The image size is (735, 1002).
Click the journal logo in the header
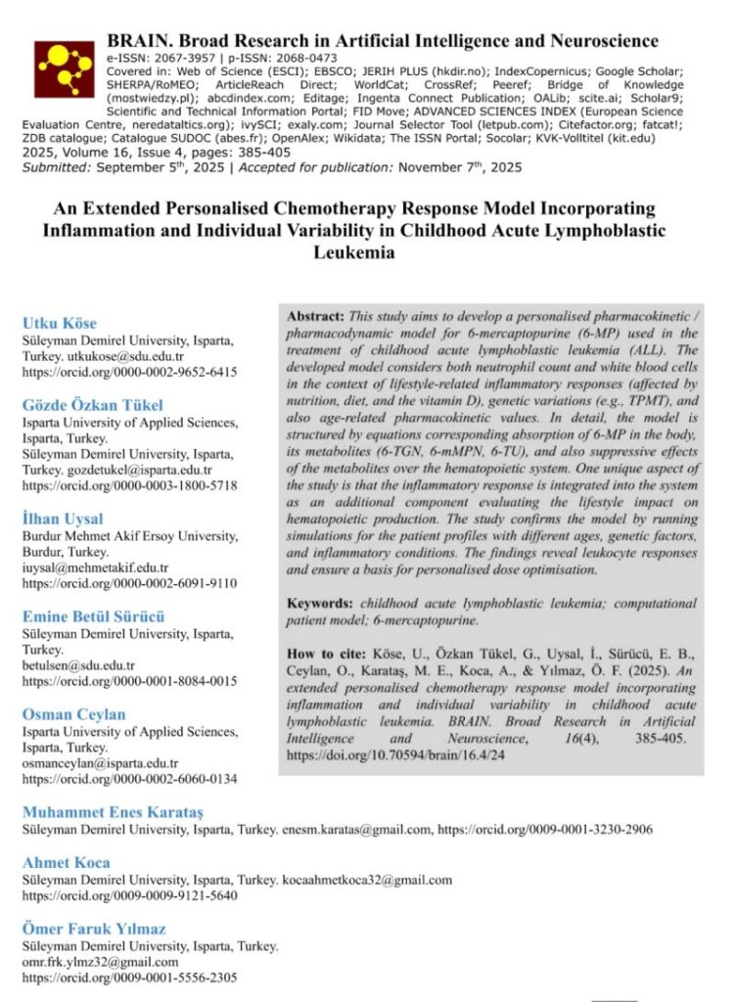(64, 68)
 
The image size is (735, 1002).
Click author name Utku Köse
(62, 323)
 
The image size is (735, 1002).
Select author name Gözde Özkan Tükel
(93, 405)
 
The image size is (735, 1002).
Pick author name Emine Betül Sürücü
(94, 616)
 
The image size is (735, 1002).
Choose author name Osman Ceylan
(74, 714)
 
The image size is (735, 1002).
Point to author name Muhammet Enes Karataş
(114, 812)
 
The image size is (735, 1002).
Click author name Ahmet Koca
(67, 862)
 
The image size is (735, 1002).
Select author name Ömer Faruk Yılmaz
(94, 928)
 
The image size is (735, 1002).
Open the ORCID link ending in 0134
(129, 779)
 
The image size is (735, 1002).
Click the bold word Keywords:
(321, 604)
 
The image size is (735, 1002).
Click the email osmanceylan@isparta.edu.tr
(101, 763)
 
